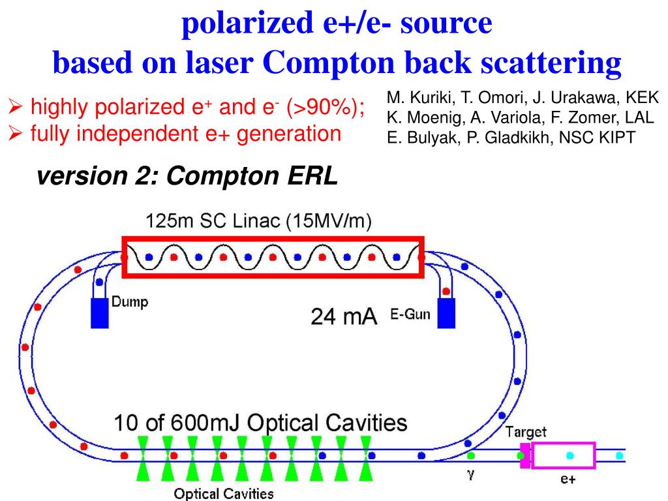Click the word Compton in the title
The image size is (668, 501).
tap(329, 63)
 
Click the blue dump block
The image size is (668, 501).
tap(99, 312)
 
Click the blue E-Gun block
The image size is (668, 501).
tap(447, 313)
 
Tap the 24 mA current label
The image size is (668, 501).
tap(344, 317)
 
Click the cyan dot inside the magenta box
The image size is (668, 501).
tap(570, 454)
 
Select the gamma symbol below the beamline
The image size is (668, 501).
tap(469, 475)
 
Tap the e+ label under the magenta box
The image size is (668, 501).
tap(567, 479)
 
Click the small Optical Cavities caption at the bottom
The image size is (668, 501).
tap(224, 493)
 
